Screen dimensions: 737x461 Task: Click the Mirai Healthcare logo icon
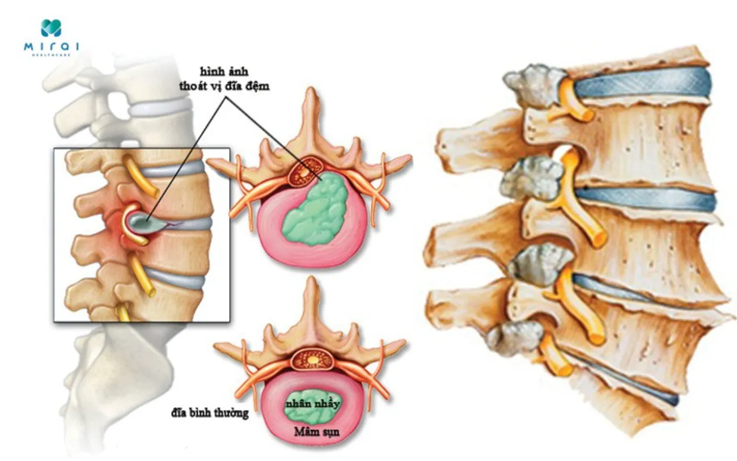51,28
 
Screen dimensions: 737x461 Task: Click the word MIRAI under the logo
52,46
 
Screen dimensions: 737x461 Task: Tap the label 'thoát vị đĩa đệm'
225,86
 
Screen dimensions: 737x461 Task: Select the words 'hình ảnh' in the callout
225,72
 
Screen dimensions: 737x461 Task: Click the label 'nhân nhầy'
312,403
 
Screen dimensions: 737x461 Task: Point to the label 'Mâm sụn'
316,432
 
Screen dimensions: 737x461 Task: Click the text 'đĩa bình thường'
210,413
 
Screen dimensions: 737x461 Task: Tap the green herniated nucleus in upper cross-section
315,210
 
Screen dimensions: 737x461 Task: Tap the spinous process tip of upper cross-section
310,90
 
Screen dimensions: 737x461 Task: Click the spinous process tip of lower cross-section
311,280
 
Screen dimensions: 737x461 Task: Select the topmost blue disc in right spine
642,84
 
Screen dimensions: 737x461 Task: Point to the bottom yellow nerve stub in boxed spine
123,312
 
